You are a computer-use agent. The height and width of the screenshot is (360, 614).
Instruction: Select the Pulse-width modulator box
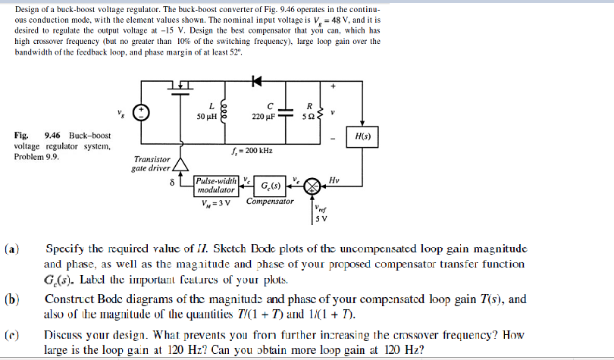click(x=216, y=186)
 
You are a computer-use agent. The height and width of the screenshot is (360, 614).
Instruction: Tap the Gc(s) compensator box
click(x=270, y=186)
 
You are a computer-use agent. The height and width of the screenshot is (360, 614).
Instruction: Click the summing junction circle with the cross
click(x=311, y=186)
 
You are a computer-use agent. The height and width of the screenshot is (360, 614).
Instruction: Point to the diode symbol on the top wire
click(x=255, y=80)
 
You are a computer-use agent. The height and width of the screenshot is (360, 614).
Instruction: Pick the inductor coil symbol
click(x=223, y=111)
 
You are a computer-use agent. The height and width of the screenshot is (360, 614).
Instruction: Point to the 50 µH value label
click(x=207, y=117)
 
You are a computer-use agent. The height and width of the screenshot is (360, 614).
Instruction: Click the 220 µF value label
click(x=264, y=117)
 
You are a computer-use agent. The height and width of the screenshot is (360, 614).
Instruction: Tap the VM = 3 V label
click(x=215, y=202)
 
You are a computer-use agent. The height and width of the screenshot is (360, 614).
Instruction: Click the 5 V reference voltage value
click(x=321, y=220)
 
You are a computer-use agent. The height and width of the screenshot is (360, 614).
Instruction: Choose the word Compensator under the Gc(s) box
click(x=269, y=202)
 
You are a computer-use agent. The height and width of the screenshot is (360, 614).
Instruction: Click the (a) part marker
click(x=13, y=248)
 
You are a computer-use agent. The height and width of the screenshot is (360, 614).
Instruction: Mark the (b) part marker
click(x=13, y=299)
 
